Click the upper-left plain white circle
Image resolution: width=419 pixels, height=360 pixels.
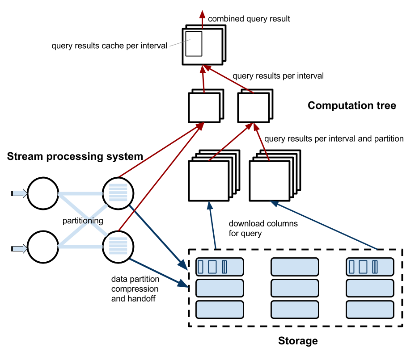(x=43, y=193)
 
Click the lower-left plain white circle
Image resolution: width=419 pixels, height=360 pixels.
(x=43, y=247)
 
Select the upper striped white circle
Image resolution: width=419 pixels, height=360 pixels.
(x=118, y=193)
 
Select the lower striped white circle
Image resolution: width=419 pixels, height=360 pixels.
(x=118, y=247)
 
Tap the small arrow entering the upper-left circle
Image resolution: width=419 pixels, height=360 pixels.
(x=19, y=193)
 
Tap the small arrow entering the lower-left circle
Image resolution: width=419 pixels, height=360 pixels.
(x=19, y=249)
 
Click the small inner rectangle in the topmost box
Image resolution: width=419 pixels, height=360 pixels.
(x=194, y=44)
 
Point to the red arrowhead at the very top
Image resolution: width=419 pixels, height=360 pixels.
(x=202, y=14)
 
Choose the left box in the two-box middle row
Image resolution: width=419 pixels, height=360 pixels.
(x=204, y=108)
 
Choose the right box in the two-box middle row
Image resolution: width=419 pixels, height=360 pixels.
(x=254, y=108)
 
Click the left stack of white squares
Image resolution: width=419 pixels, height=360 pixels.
(x=209, y=180)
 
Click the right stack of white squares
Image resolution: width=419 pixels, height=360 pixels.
(x=270, y=180)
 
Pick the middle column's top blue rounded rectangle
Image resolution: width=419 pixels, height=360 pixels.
(x=295, y=267)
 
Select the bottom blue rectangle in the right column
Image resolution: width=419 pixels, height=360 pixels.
(x=370, y=310)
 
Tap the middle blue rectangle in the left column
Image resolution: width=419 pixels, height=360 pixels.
(x=220, y=288)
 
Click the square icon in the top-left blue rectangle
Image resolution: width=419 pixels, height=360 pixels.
(x=212, y=267)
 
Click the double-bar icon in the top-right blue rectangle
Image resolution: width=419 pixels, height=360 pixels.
(x=375, y=267)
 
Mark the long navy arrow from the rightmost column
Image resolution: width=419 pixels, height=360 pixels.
(x=324, y=225)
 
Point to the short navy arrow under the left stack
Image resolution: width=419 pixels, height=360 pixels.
(x=212, y=226)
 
